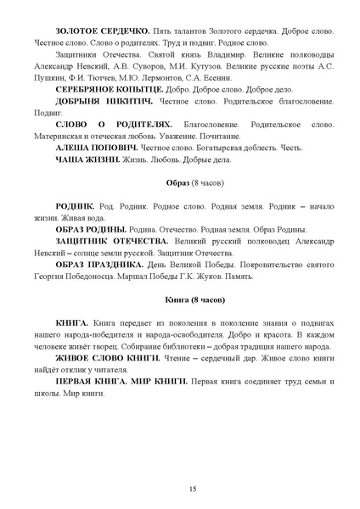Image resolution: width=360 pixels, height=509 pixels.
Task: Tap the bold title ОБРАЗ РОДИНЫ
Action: (91, 229)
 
